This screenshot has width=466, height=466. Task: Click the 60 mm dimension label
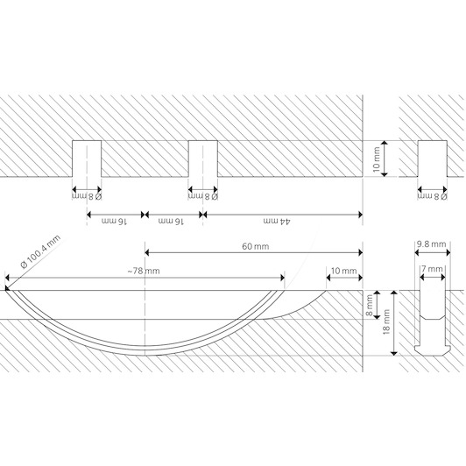(x=255, y=246)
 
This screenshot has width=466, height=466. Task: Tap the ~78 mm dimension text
(x=144, y=271)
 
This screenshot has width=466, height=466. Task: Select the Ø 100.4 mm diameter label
(x=40, y=251)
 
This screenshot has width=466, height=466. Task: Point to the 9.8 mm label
(x=431, y=244)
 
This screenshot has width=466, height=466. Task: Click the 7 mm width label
(x=433, y=269)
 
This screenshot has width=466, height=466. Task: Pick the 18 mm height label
(x=386, y=322)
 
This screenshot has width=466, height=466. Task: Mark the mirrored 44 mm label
(x=277, y=222)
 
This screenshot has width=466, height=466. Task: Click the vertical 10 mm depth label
(x=377, y=159)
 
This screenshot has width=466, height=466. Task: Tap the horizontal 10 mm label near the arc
(x=343, y=271)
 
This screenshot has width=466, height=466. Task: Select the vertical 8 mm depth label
(x=370, y=305)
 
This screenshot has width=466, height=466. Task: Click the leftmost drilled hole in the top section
(x=87, y=159)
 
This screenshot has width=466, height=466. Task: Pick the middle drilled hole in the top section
(x=203, y=159)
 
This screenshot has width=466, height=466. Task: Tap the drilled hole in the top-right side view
(x=433, y=159)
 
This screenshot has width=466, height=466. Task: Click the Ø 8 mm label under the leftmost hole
(x=87, y=196)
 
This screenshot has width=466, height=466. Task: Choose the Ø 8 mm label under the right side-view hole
(x=432, y=196)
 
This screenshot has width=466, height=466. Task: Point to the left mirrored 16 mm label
(x=115, y=222)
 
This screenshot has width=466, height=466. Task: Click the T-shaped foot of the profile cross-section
(x=433, y=350)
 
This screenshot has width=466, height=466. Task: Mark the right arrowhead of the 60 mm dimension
(x=360, y=253)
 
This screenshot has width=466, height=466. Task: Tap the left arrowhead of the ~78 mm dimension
(x=8, y=278)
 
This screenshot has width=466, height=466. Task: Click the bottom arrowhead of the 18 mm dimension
(x=394, y=353)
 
